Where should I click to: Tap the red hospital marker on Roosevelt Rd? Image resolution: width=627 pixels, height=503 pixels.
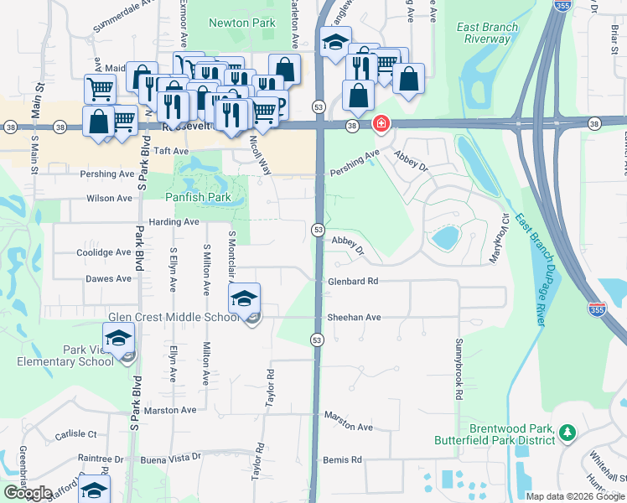tap(381, 124)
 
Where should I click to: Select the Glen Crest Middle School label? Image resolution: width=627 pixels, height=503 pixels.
tap(174, 317)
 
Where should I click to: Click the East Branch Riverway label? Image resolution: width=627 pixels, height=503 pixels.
tap(488, 33)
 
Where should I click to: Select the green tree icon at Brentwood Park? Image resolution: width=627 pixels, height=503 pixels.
tap(567, 432)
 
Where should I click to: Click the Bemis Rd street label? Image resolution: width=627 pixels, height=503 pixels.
tap(342, 460)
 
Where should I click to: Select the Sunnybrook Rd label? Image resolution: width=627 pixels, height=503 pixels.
tap(459, 369)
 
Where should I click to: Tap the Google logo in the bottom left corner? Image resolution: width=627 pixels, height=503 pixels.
tap(28, 493)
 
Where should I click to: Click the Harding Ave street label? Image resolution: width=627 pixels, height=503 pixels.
tap(174, 222)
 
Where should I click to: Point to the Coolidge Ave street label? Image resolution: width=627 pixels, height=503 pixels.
tap(104, 252)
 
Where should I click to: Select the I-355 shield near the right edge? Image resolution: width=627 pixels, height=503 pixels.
tap(597, 309)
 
